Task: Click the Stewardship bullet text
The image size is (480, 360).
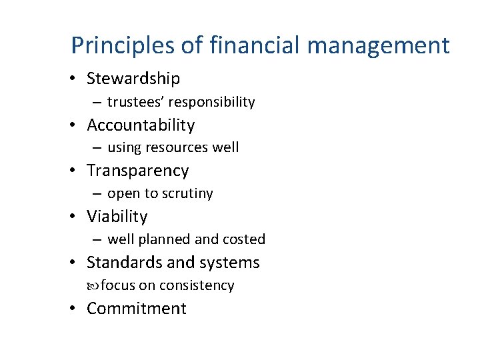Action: (133, 79)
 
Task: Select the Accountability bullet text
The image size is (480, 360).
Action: (141, 125)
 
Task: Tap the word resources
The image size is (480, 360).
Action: (173, 147)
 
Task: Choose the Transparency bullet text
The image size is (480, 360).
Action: (138, 171)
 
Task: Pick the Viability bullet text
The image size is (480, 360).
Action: (117, 217)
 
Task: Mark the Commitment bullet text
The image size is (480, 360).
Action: (137, 309)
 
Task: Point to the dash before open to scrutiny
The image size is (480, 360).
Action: (97, 194)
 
